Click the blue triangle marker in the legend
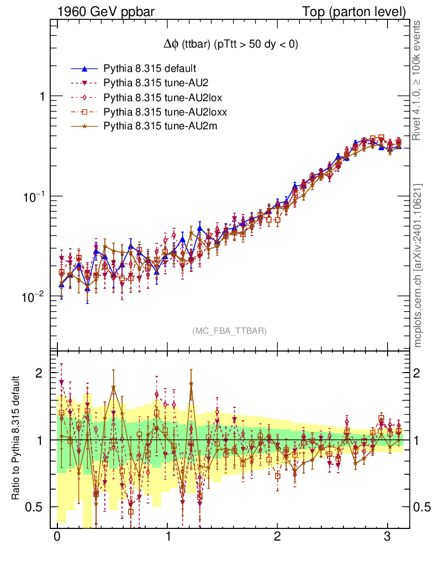(x=84, y=69)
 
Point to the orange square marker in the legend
(x=84, y=112)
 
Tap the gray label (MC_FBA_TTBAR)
(x=230, y=331)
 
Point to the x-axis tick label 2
(x=278, y=538)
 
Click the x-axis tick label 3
(x=388, y=538)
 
